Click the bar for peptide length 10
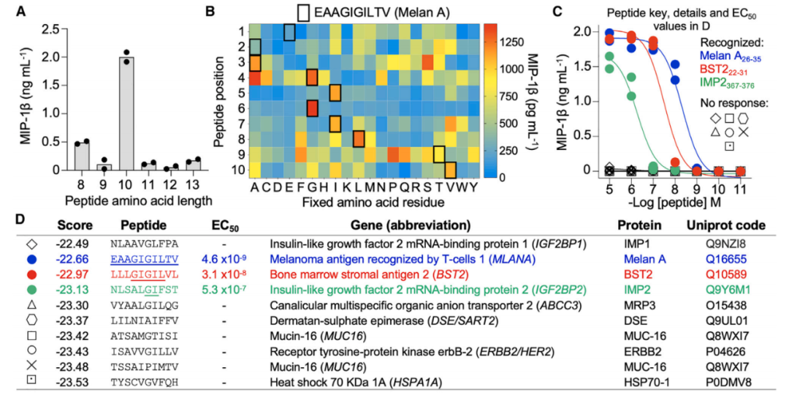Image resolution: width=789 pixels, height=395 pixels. (x=126, y=113)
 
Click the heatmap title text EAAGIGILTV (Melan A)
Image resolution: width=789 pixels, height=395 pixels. (x=381, y=12)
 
